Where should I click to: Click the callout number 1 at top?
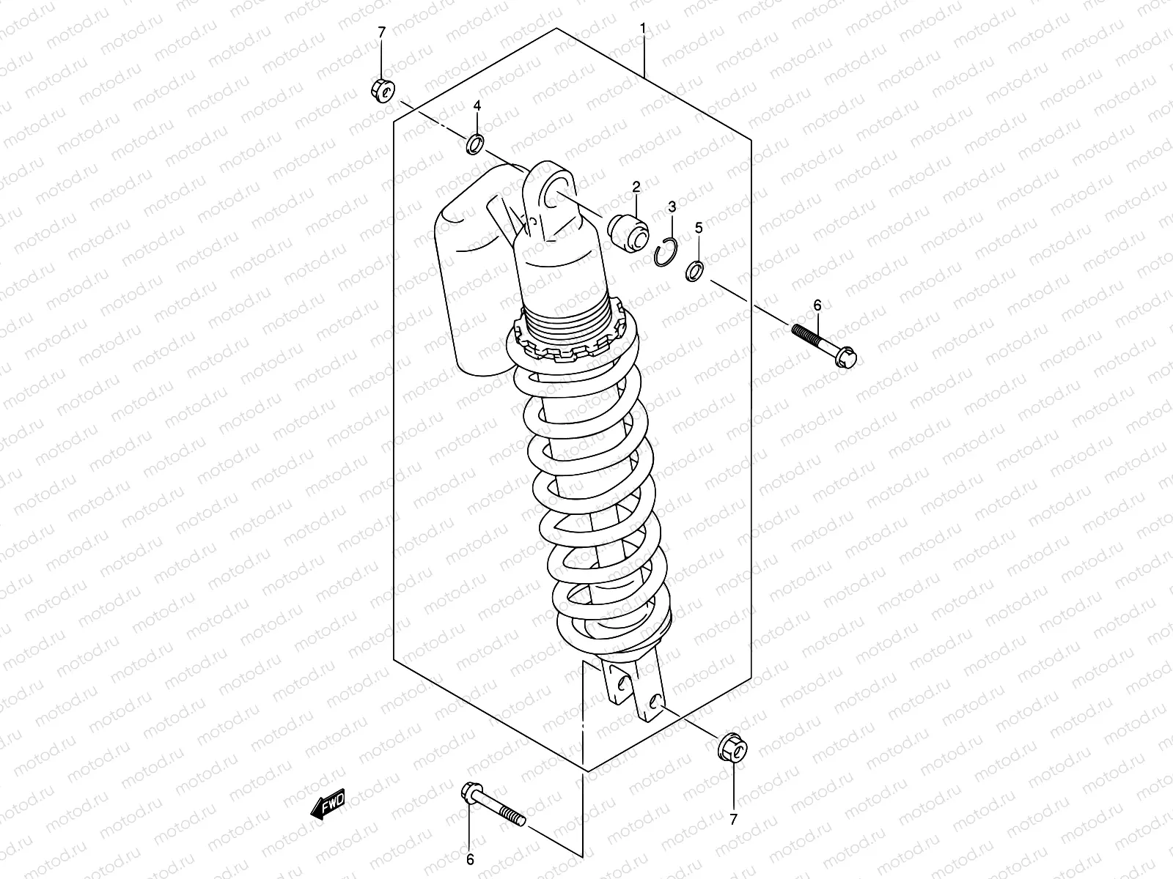(x=643, y=28)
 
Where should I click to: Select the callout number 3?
(x=671, y=207)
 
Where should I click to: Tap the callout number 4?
(x=477, y=106)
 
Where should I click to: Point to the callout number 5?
(x=699, y=229)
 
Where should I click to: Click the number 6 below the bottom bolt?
(x=470, y=859)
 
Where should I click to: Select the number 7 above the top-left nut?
(x=380, y=31)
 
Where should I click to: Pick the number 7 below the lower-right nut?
(x=733, y=818)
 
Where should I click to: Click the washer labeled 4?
(x=476, y=144)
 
